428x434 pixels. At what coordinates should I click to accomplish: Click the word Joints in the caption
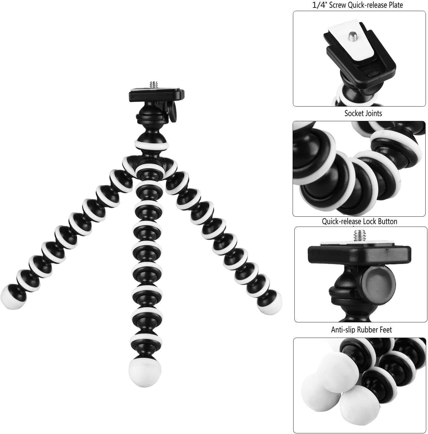373,113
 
